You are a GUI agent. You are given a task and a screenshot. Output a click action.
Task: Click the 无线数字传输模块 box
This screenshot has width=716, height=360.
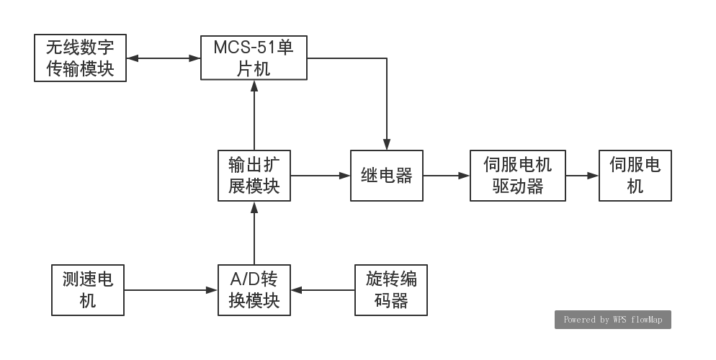(x=81, y=58)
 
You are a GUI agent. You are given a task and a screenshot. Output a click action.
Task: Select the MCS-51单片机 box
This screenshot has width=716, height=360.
(x=254, y=58)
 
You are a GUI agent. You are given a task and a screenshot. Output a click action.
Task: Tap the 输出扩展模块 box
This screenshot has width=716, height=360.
(x=254, y=176)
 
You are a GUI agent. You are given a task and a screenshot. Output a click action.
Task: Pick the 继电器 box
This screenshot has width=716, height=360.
(x=387, y=176)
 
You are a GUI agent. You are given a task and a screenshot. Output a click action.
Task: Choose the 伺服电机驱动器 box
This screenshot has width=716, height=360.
(x=518, y=176)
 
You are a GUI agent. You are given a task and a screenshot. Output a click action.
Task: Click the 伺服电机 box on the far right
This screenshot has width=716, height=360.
(x=635, y=176)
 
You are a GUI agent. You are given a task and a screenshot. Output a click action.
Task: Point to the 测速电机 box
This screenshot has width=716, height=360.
(x=88, y=290)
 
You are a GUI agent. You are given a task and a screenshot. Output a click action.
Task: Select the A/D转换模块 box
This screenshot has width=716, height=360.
(x=254, y=290)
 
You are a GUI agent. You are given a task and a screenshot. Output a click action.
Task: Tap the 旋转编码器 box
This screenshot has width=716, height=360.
(x=391, y=290)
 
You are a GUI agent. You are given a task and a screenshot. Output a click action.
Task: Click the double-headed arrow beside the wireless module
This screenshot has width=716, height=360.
(x=163, y=58)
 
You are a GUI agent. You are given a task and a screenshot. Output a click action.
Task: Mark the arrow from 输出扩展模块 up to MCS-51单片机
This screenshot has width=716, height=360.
(x=254, y=115)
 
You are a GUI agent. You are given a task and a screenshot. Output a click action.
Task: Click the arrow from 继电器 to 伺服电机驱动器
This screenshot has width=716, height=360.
(x=447, y=175)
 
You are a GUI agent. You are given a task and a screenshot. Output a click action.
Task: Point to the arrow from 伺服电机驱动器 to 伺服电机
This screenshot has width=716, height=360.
(x=583, y=175)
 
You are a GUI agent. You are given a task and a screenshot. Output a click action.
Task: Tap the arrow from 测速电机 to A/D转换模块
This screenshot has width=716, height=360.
(x=171, y=290)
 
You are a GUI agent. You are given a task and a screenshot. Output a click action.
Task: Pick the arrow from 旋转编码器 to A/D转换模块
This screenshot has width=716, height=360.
(x=323, y=290)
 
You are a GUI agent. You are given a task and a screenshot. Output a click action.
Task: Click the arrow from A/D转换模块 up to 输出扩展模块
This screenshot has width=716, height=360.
(x=254, y=233)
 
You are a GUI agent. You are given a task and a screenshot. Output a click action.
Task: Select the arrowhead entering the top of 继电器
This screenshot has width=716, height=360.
(x=387, y=145)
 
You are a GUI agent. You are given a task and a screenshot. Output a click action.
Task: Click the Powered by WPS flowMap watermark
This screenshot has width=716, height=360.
(x=612, y=320)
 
